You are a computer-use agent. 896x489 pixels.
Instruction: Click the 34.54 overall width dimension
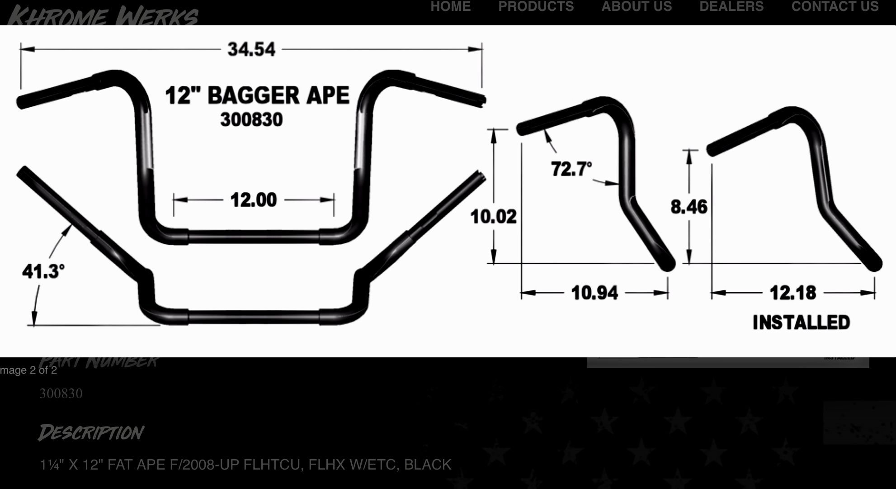(x=251, y=49)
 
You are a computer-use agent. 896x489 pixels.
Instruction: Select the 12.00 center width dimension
(x=253, y=199)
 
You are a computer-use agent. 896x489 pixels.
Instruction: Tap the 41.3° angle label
(x=43, y=271)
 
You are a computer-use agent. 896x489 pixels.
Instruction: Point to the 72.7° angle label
(x=571, y=169)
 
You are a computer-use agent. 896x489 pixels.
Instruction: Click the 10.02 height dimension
(x=493, y=216)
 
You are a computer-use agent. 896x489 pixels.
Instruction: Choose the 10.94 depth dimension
(x=594, y=293)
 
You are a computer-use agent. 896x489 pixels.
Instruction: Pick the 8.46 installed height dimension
(x=689, y=207)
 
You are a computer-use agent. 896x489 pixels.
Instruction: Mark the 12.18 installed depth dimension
(x=793, y=293)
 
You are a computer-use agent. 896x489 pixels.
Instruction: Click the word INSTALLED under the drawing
(x=801, y=323)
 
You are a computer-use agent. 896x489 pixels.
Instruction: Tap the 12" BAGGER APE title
(x=257, y=95)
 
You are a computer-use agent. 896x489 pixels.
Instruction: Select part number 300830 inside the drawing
(x=251, y=120)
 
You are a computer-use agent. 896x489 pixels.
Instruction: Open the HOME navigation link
(x=450, y=6)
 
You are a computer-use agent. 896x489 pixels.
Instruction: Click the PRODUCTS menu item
(x=536, y=6)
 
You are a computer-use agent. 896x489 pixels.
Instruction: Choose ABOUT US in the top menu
(x=637, y=6)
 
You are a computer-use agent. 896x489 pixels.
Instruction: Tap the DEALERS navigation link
(x=731, y=6)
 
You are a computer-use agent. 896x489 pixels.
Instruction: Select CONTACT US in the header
(x=835, y=6)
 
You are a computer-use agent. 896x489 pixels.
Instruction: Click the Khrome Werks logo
(x=103, y=15)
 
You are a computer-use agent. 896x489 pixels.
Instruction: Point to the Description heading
(x=91, y=432)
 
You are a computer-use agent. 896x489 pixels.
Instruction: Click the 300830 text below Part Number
(x=61, y=394)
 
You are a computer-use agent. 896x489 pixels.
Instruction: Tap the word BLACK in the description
(x=428, y=465)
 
